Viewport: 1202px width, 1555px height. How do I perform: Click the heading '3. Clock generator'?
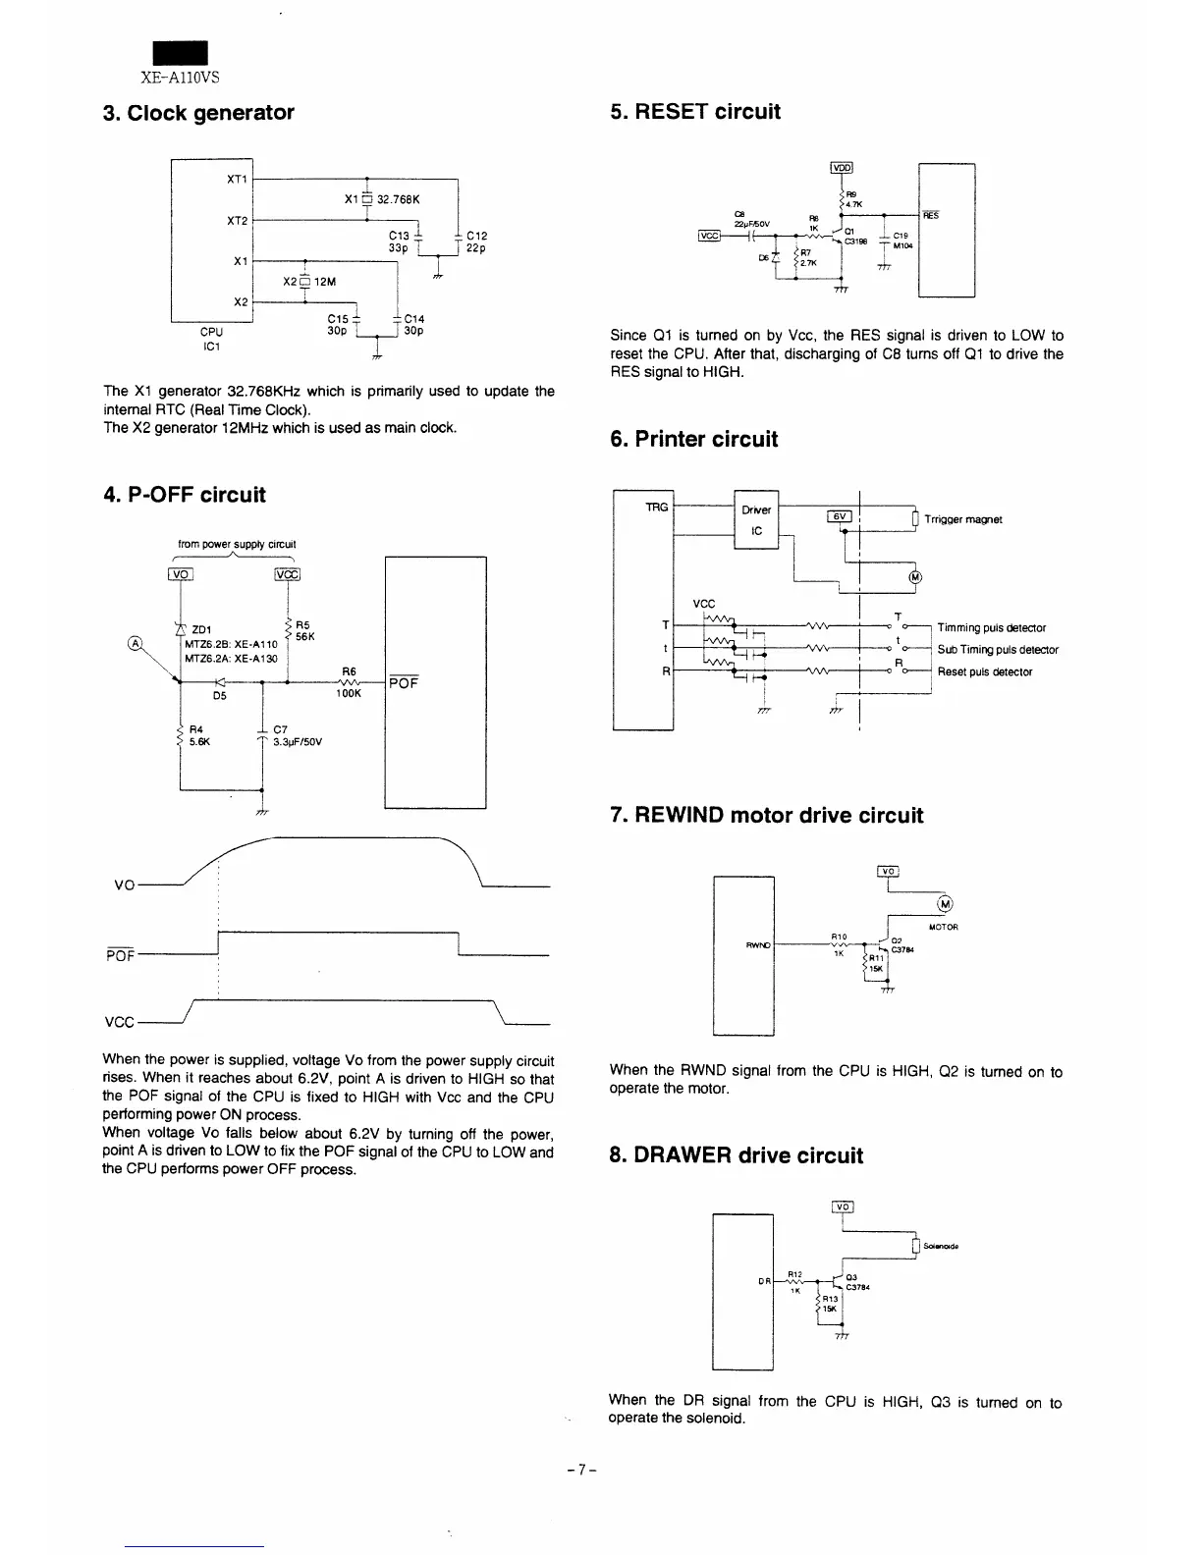(198, 113)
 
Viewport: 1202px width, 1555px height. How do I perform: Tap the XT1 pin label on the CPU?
(237, 180)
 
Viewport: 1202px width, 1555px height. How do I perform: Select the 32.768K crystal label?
(398, 199)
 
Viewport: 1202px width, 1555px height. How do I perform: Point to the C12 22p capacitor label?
(477, 241)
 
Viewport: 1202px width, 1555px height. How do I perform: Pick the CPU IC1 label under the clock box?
(211, 339)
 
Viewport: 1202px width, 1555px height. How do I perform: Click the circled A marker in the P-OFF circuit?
(134, 644)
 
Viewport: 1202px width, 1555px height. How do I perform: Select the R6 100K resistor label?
(349, 682)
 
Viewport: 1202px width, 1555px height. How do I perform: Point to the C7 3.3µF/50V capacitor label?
(296, 736)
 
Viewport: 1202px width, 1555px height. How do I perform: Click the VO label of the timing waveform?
(124, 885)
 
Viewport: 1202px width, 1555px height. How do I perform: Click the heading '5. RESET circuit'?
(694, 112)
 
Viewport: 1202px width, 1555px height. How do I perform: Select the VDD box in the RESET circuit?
(843, 168)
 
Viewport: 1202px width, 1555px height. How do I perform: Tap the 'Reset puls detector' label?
(984, 672)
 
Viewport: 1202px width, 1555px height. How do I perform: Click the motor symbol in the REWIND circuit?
(945, 904)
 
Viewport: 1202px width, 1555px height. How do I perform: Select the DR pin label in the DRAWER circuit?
(764, 1281)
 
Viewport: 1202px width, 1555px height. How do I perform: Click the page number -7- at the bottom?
(583, 1470)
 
